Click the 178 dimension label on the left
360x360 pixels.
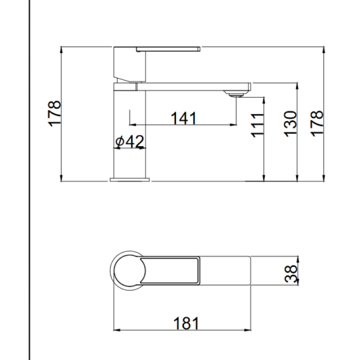click(x=54, y=113)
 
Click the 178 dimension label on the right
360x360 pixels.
click(x=317, y=124)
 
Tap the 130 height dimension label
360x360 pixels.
click(x=291, y=124)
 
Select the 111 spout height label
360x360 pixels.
click(x=257, y=126)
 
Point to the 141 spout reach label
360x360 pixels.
click(x=183, y=118)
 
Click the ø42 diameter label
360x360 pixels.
click(x=130, y=141)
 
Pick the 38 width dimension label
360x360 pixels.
click(x=291, y=274)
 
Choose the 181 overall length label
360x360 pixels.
click(x=186, y=323)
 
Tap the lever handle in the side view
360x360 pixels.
click(x=168, y=49)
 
